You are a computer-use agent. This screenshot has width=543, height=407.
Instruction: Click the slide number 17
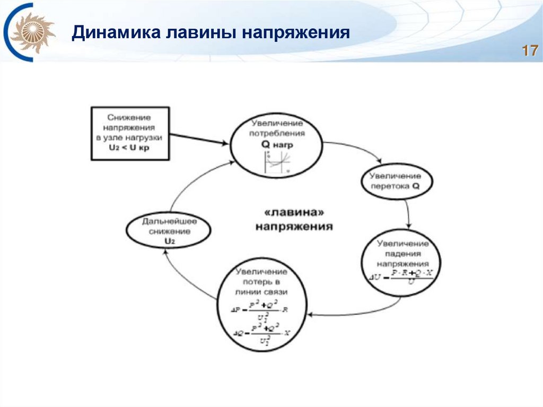[530, 51]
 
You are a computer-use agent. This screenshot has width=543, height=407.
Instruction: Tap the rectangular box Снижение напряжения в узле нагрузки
[129, 133]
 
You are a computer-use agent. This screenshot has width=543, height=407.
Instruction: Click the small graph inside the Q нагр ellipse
[277, 162]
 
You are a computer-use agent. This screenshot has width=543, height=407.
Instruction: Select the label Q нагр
[277, 144]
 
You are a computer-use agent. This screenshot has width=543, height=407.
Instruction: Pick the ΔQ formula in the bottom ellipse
[262, 333]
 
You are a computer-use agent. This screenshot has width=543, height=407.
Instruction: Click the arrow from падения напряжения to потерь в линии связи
[361, 313]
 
